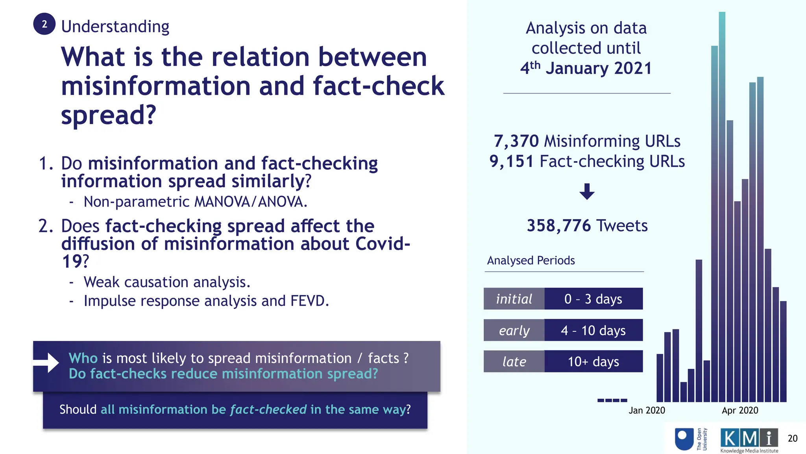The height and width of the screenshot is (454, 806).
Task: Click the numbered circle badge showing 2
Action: tap(44, 24)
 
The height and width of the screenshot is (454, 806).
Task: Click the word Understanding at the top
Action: tap(115, 27)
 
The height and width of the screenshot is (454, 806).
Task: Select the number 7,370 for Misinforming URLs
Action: tap(516, 141)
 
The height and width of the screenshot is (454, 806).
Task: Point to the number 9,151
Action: tap(511, 161)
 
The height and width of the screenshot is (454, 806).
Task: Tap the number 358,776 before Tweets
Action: tap(559, 226)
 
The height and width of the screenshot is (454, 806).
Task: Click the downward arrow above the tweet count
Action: tap(587, 192)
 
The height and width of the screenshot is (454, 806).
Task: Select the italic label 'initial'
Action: tap(514, 299)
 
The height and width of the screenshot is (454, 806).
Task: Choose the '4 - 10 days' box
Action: tap(593, 330)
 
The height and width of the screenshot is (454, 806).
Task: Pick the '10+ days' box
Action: tap(593, 361)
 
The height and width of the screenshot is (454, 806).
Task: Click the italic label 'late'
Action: tap(514, 361)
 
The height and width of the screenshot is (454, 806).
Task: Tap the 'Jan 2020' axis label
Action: tap(647, 410)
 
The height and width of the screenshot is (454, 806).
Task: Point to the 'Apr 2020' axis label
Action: tap(740, 410)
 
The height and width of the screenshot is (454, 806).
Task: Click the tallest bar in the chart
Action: tap(722, 197)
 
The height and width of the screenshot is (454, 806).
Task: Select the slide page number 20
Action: tap(792, 438)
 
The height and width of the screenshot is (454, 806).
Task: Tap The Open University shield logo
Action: tap(684, 439)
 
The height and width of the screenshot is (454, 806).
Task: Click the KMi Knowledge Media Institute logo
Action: tap(749, 440)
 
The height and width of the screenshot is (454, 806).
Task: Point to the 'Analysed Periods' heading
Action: tap(531, 260)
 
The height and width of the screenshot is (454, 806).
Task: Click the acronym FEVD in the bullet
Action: tap(309, 301)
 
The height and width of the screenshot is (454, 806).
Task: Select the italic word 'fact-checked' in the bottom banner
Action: tap(268, 409)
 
